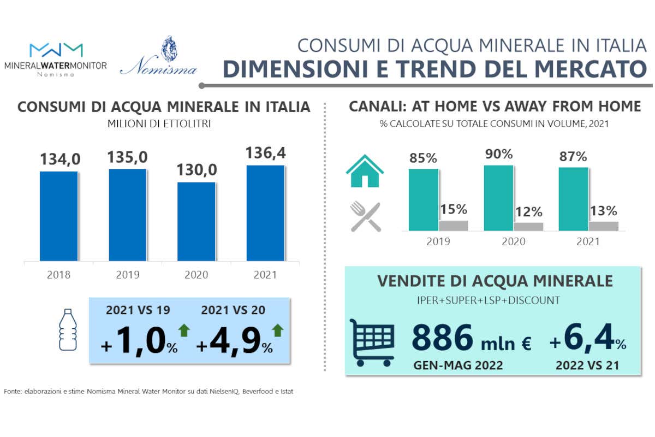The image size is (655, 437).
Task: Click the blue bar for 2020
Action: coord(196,221)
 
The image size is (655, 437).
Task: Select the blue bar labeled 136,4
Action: coord(265,213)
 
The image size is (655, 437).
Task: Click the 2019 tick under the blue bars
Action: coord(127,274)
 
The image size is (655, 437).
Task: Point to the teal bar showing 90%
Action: coord(498,198)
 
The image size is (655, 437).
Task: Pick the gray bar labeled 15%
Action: coord(454,226)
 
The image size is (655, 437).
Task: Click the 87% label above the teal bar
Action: coord(573,156)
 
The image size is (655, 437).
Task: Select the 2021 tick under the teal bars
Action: coord(588,241)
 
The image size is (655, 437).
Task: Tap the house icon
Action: coord(365,171)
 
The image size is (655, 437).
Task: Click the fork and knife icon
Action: coord(365,216)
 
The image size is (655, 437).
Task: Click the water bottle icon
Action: coord(68,329)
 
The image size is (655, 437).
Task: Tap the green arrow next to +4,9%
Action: coord(278,330)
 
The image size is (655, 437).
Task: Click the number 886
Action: coord(442,338)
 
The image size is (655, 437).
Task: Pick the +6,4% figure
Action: coord(587,341)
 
